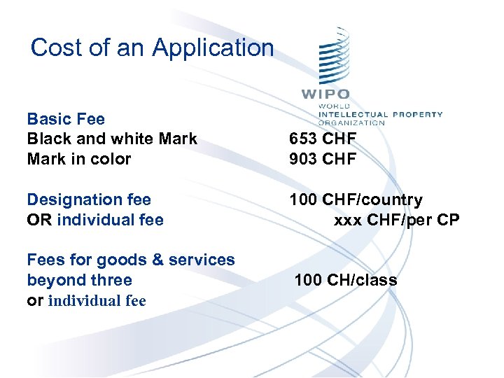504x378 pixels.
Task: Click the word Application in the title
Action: click(x=213, y=48)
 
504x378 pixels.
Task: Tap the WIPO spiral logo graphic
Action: click(x=333, y=57)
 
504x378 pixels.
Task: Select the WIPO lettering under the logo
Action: click(x=325, y=94)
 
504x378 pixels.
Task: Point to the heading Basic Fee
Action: click(x=66, y=119)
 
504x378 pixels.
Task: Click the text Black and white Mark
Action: click(x=112, y=139)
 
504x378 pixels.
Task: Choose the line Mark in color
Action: click(x=78, y=159)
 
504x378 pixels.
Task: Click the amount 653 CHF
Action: click(x=323, y=139)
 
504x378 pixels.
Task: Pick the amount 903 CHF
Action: click(x=323, y=159)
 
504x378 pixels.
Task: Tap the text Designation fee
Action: click(x=89, y=200)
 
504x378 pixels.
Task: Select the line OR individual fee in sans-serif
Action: click(x=95, y=220)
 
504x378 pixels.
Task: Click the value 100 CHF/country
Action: click(x=356, y=200)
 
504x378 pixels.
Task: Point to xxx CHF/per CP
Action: click(x=397, y=220)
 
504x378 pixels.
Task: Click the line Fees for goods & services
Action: click(x=131, y=260)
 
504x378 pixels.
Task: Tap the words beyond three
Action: click(x=79, y=280)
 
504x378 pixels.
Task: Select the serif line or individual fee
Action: click(x=86, y=301)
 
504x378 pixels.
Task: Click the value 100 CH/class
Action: click(x=346, y=280)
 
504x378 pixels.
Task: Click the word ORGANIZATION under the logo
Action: click(x=351, y=122)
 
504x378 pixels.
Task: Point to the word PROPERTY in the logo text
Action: click(x=418, y=114)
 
